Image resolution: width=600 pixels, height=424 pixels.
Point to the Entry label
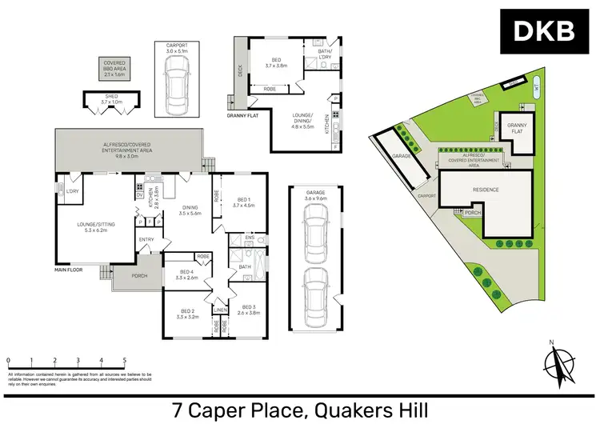click(146, 239)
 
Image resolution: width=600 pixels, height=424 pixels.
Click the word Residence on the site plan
click(485, 190)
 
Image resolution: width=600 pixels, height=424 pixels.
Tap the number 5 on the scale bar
click(124, 361)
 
